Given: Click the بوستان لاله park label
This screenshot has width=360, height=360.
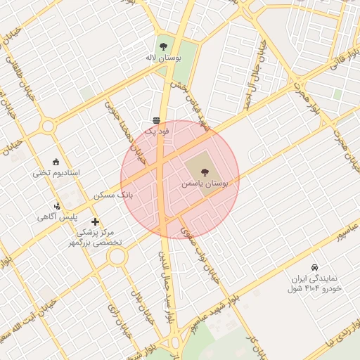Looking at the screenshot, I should (x=163, y=58).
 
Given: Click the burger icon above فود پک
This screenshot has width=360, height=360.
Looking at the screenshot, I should (x=155, y=120).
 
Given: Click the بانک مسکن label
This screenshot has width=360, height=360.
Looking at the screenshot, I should (x=113, y=193).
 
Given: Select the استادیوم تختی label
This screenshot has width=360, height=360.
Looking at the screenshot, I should (x=56, y=172).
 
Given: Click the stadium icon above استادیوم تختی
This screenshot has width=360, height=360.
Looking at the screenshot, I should (x=56, y=161).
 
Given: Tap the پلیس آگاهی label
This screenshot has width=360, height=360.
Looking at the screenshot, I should (x=57, y=217).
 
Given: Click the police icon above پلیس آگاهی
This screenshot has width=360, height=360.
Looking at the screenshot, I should (x=57, y=206).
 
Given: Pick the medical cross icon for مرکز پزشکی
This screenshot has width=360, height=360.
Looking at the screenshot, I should (x=95, y=222).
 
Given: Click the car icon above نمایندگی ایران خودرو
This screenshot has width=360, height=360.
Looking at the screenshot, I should (x=314, y=268).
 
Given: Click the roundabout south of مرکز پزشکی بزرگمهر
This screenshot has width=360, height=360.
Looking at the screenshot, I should (x=117, y=257).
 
